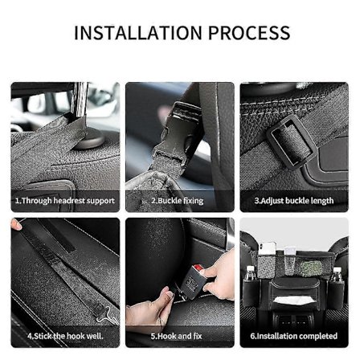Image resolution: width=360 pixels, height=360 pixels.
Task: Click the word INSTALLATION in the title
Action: [137, 33]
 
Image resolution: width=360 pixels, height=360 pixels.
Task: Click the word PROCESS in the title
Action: [249, 33]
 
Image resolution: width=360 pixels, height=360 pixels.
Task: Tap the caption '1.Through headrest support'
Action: [65, 201]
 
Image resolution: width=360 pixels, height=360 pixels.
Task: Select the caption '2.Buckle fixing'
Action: [178, 201]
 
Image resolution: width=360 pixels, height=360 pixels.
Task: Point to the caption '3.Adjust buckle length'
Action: [294, 201]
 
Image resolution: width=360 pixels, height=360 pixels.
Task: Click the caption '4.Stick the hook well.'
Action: [65, 336]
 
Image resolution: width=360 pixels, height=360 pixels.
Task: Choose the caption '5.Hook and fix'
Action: [176, 336]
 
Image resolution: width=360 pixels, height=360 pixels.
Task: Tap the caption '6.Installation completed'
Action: [294, 336]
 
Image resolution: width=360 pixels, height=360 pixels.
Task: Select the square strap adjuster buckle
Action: [291, 141]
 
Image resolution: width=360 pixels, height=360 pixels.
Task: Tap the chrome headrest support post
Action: [80, 99]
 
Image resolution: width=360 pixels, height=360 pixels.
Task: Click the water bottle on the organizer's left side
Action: [250, 274]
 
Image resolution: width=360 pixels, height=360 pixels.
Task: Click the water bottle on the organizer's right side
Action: [336, 274]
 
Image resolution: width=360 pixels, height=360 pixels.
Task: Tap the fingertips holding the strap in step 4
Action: [16, 223]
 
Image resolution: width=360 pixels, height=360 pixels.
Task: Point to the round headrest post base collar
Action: [89, 140]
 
